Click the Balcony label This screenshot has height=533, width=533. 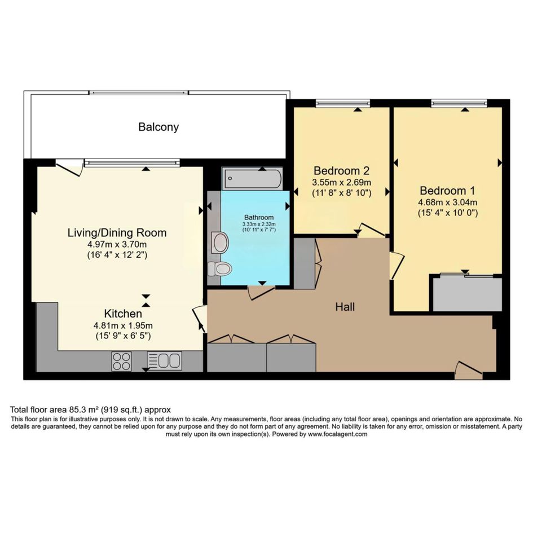158,127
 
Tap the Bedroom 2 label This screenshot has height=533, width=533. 341,170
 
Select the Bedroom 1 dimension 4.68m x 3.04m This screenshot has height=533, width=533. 448,202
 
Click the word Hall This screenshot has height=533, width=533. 345,307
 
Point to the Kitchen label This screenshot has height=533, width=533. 123,314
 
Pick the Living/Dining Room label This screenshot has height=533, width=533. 117,233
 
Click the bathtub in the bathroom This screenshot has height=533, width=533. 252,178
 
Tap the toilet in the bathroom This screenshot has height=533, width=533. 220,269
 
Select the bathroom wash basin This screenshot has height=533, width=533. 220,243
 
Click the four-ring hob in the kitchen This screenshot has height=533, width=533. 122,362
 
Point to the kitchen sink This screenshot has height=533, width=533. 164,361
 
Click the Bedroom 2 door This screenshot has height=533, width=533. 372,230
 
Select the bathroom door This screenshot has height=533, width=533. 261,293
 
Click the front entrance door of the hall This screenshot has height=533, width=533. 469,371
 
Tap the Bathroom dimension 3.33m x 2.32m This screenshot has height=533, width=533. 259,224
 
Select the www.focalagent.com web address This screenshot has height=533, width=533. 337,434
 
